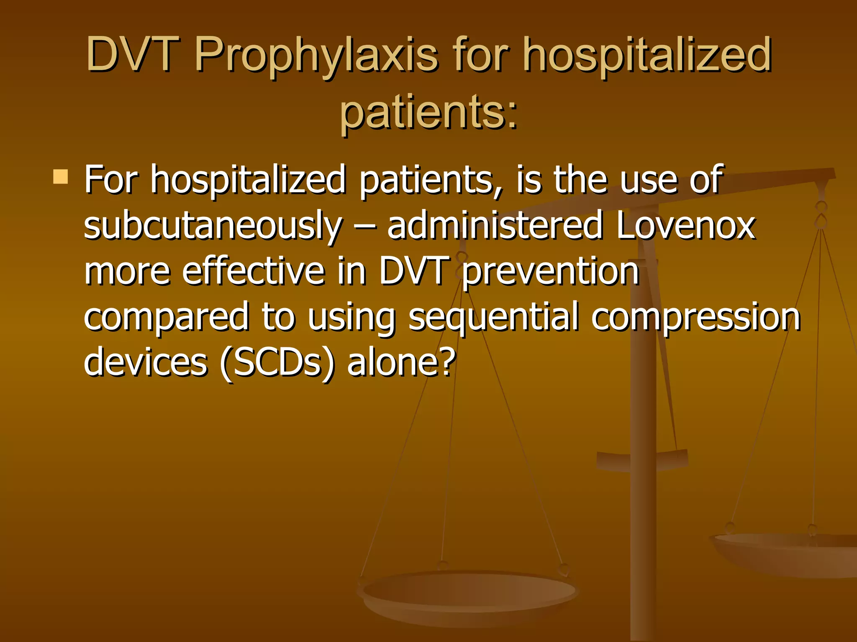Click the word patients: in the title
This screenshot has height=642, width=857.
point(428,112)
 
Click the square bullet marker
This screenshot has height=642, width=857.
point(61,177)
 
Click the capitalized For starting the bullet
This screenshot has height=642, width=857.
point(111,180)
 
